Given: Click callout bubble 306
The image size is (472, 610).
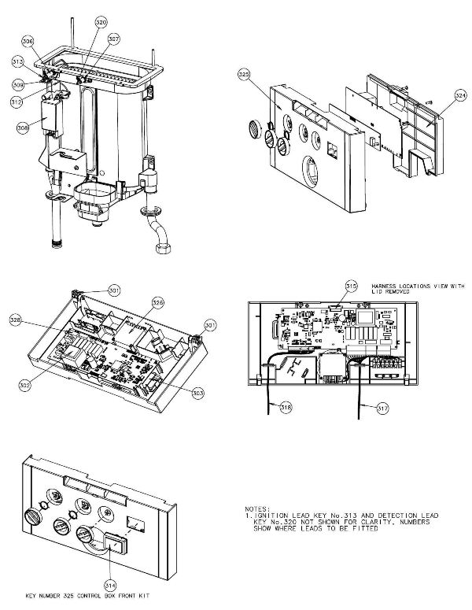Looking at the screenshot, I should click(x=28, y=41).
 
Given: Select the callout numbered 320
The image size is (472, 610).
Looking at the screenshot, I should click(x=101, y=23).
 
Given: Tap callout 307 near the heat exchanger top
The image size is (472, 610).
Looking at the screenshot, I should click(x=114, y=39).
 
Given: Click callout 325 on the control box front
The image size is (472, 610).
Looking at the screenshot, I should click(x=244, y=76).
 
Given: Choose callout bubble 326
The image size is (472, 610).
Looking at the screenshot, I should click(x=158, y=302).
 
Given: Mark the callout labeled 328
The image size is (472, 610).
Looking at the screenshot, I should click(x=38, y=320).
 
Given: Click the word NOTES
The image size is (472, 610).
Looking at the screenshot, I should click(x=260, y=509).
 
